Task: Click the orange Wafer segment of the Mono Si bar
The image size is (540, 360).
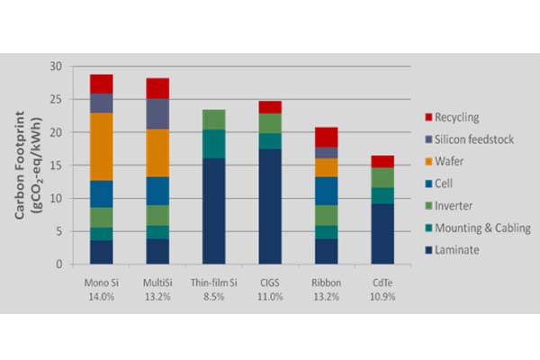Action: pos(102,147)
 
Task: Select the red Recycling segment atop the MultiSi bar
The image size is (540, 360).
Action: pos(157,88)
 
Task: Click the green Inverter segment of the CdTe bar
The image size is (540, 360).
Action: pos(382,177)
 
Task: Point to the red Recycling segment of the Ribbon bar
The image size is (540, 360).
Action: pos(327,137)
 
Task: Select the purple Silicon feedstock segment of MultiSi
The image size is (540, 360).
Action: pos(157,113)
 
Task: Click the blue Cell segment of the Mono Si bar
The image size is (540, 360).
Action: pos(102,193)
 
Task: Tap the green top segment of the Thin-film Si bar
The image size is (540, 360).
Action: pos(213,119)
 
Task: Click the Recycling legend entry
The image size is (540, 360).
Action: pos(458,117)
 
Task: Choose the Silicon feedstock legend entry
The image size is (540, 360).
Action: pos(472,139)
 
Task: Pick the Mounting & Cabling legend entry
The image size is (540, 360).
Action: pos(481,229)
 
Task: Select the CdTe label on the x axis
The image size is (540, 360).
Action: pos(382,281)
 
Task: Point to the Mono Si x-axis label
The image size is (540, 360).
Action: pos(101,281)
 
